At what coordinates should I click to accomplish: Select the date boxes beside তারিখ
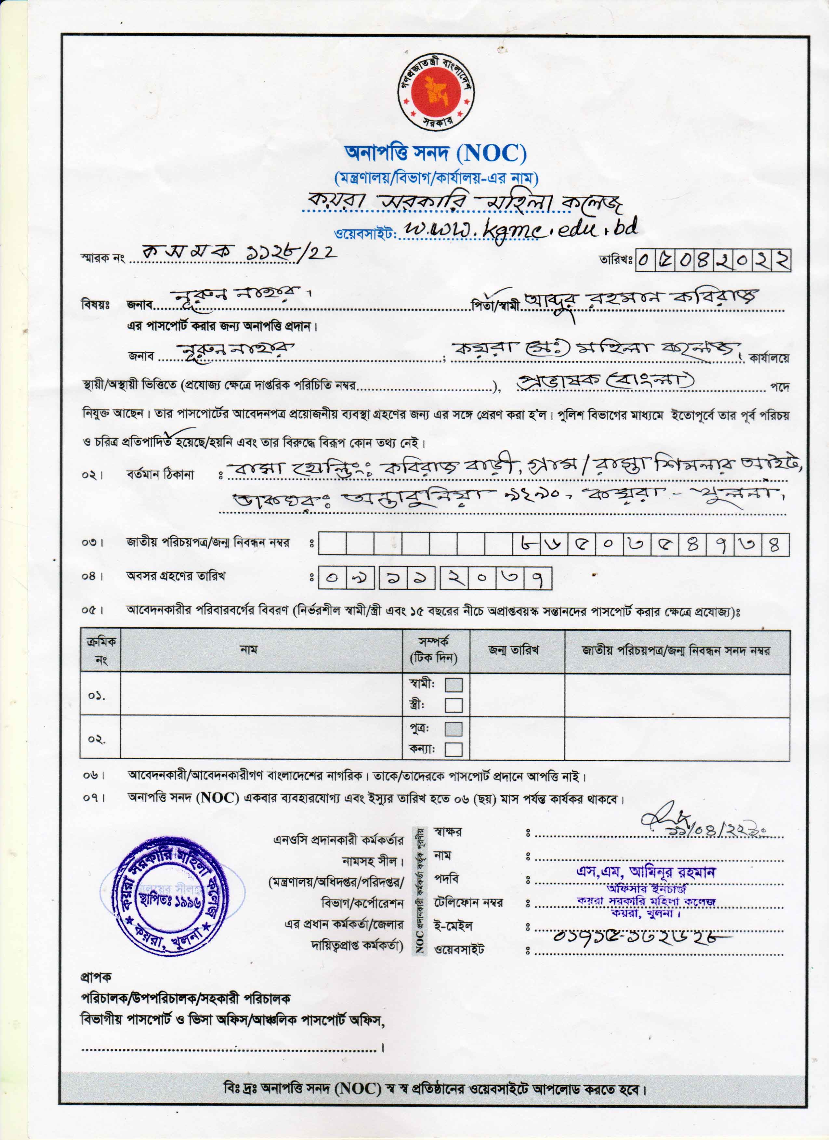point(713,260)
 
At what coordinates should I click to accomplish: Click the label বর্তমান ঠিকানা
point(160,474)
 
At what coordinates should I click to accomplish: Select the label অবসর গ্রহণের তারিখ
point(176,576)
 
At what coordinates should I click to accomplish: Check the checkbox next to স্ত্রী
point(454,705)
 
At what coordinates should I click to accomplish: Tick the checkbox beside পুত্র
point(454,729)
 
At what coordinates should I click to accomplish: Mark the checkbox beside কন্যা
point(454,750)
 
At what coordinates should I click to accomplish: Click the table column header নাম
point(249,649)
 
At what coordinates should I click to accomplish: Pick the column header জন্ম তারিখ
point(513,650)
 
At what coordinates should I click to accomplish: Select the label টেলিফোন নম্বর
point(468,903)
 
